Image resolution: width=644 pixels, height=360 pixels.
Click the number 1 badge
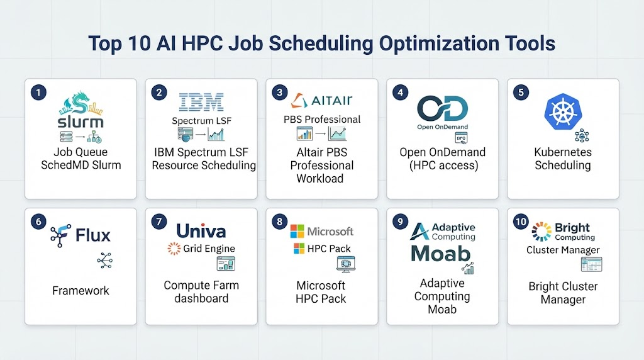[x=38, y=93]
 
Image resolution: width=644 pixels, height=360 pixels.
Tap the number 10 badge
[x=521, y=222]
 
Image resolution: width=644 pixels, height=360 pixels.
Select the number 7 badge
[x=159, y=222]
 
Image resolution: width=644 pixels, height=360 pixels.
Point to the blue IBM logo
[x=201, y=102]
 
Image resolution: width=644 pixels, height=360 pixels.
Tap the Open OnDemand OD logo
[x=442, y=108]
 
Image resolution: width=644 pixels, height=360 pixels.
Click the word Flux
[x=93, y=235]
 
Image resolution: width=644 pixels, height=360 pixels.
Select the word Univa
[x=201, y=231]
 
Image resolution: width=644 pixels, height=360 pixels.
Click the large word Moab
[x=440, y=254]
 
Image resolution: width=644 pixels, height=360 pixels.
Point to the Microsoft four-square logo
[x=297, y=232]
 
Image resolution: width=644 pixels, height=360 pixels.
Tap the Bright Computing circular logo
[x=541, y=232]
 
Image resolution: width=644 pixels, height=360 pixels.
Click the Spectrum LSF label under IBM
[x=201, y=121]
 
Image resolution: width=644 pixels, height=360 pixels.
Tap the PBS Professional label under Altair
[x=322, y=120]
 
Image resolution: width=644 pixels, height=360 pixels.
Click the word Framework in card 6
[x=80, y=291]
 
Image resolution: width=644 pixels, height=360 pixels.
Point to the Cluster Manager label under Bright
[x=563, y=250]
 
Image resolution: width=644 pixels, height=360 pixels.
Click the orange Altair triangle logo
[x=299, y=101]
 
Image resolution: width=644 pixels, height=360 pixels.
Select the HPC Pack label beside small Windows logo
[x=329, y=249]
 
